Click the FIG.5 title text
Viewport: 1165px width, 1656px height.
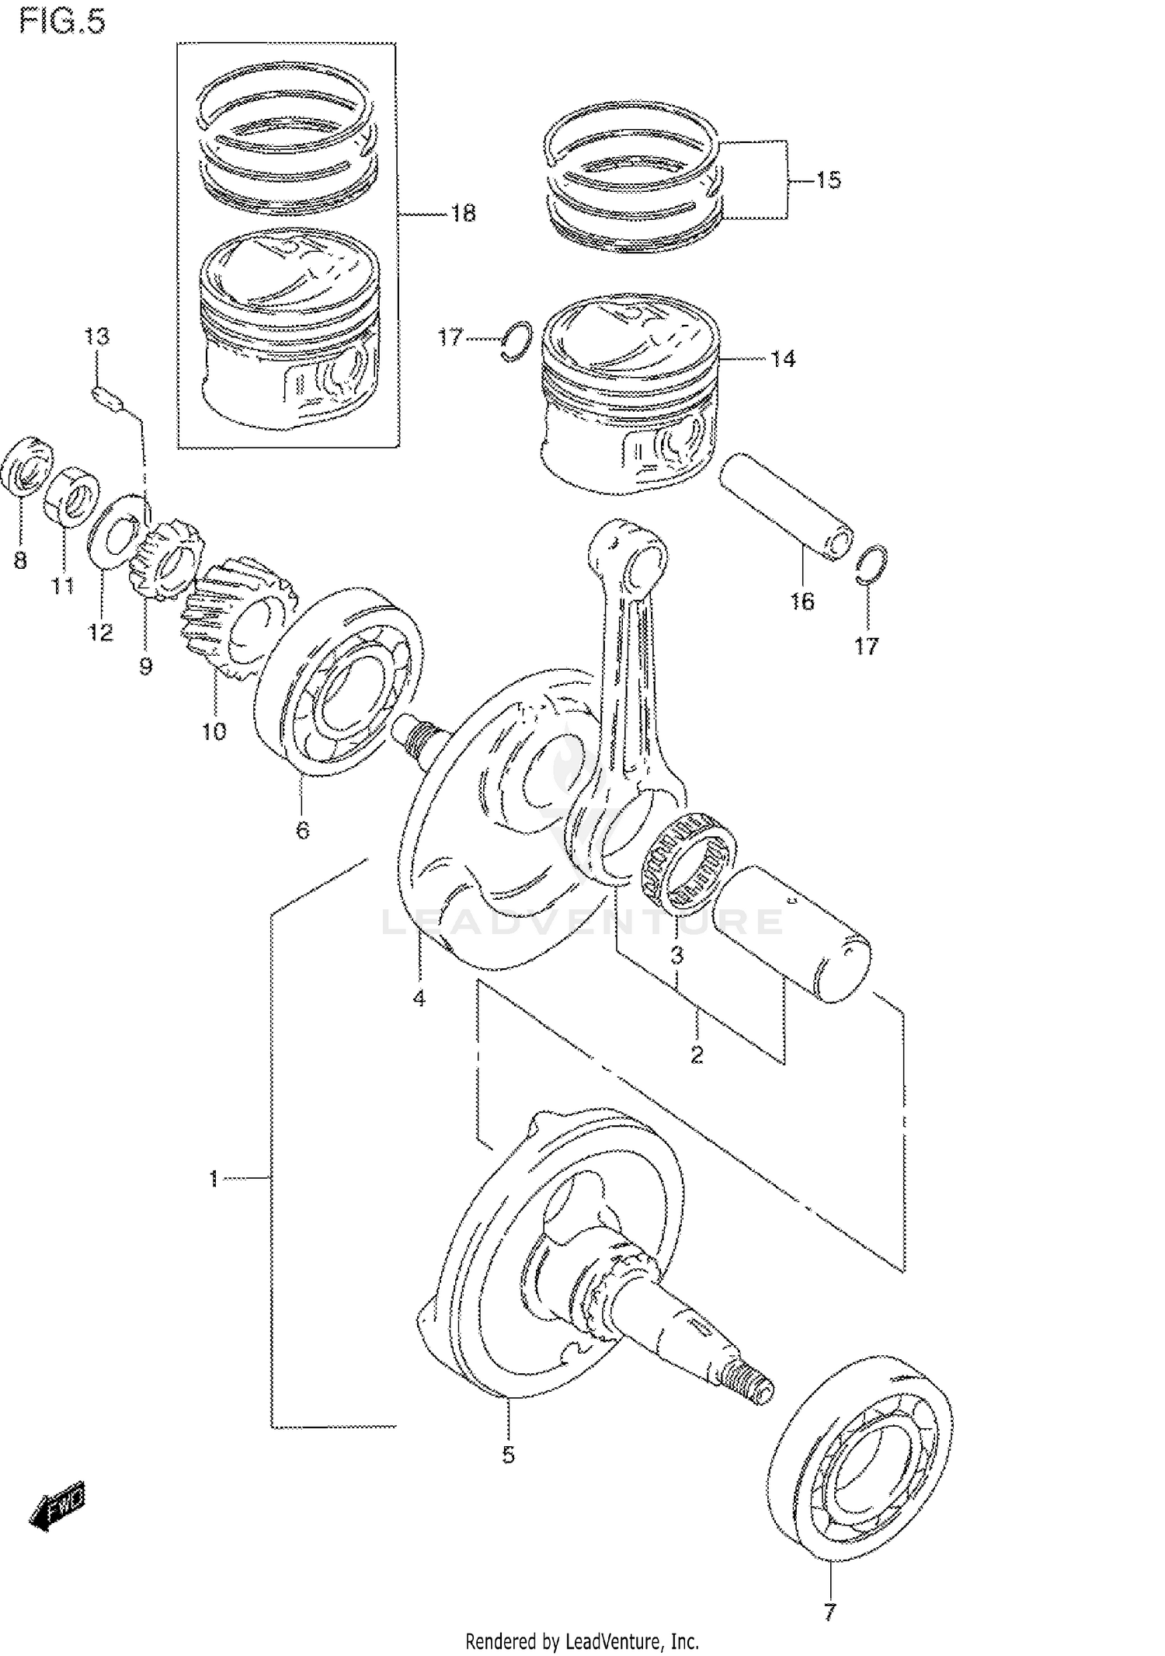click(62, 22)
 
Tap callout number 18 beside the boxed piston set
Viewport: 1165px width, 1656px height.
click(464, 213)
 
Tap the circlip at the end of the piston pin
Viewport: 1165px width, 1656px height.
click(871, 564)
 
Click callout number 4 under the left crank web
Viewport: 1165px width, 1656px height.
click(419, 999)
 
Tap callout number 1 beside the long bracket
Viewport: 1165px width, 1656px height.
click(214, 1179)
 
